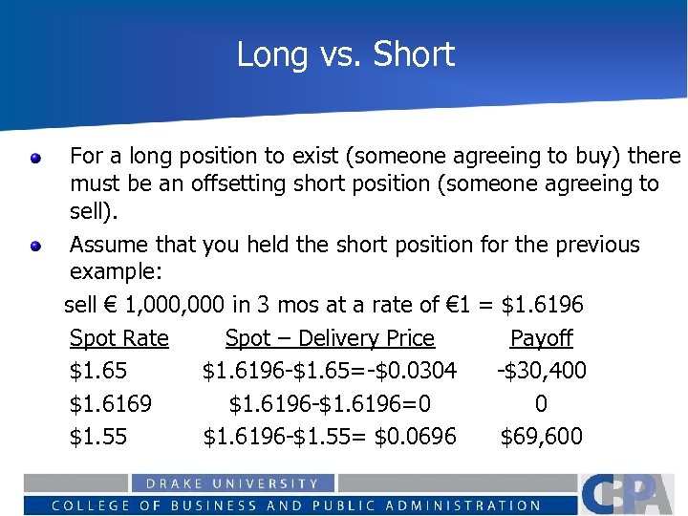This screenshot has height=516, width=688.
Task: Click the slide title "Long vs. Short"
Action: (345, 54)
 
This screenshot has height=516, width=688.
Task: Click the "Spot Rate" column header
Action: (118, 338)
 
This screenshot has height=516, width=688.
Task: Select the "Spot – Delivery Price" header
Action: (330, 338)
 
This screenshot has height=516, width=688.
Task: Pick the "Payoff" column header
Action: (541, 338)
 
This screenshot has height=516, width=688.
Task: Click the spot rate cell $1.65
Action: (98, 371)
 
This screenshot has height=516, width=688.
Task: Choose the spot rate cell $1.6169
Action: (110, 403)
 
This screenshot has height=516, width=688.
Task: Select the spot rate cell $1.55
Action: (98, 437)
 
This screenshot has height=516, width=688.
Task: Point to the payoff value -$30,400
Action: (542, 371)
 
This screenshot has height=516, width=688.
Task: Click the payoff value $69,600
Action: (542, 437)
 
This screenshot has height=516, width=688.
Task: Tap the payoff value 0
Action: (541, 403)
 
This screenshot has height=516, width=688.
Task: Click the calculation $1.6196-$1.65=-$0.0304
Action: (330, 371)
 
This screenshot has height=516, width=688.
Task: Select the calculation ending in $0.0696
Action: (330, 437)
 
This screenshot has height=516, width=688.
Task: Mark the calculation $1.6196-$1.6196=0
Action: (330, 403)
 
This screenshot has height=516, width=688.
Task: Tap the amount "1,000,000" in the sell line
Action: (175, 306)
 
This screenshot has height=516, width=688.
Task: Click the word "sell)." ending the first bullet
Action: (92, 209)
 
